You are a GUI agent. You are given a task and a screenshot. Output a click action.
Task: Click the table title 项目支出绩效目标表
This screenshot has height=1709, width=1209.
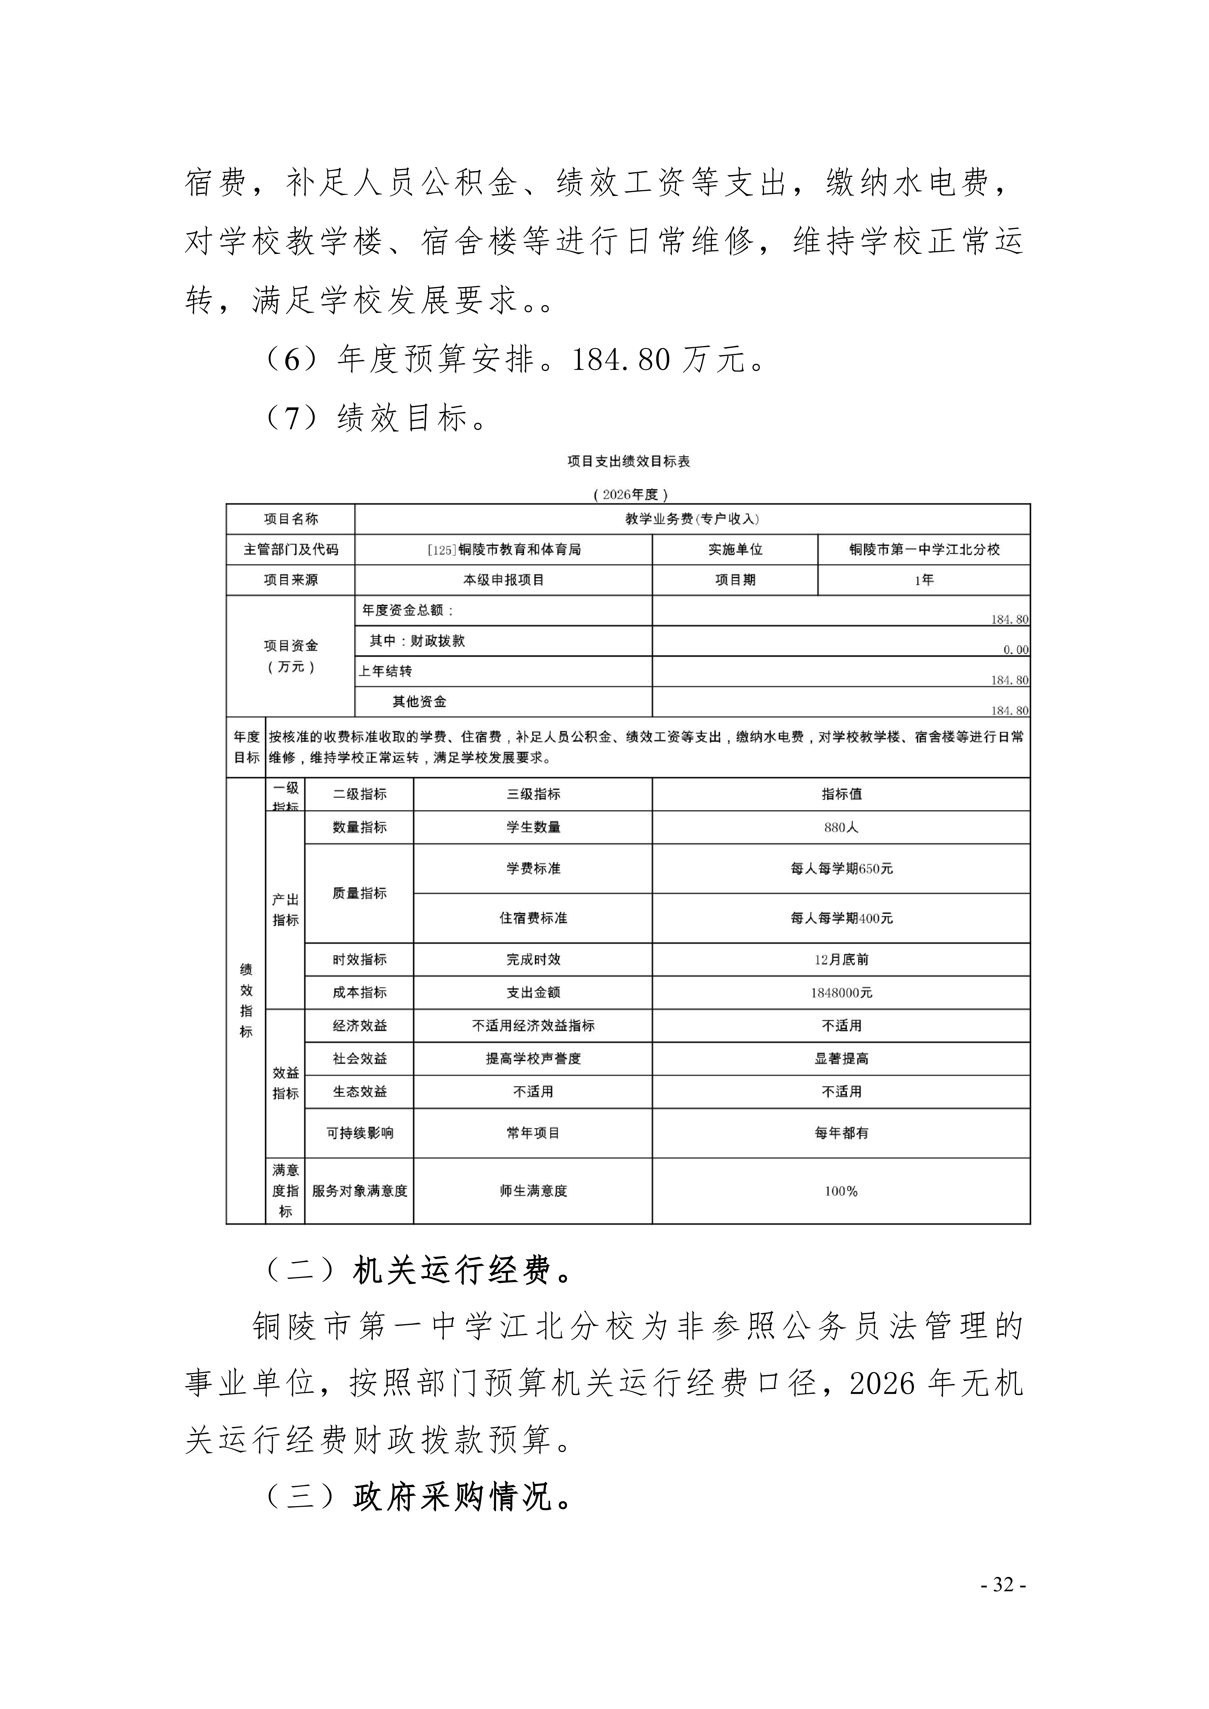click(x=628, y=462)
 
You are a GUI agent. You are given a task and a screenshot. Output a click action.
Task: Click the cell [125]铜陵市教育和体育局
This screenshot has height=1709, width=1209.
click(x=504, y=549)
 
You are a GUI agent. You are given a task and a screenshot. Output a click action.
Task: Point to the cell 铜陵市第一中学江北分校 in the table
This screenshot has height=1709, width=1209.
click(x=924, y=549)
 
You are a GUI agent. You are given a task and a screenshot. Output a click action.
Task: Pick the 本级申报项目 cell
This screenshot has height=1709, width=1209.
click(x=504, y=580)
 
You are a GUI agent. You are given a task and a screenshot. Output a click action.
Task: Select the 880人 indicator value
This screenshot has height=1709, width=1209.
click(x=841, y=827)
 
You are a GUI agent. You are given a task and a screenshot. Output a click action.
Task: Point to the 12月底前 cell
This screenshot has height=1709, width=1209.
click(x=841, y=959)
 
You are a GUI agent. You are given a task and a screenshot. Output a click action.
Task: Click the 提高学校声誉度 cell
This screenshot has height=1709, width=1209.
click(x=533, y=1059)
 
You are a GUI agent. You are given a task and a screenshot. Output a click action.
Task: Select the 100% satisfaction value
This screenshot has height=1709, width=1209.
click(x=841, y=1191)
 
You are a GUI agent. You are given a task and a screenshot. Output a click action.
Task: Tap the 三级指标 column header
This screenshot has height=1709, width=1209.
click(x=533, y=794)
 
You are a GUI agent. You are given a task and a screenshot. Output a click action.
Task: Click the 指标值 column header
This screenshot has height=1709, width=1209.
click(x=841, y=794)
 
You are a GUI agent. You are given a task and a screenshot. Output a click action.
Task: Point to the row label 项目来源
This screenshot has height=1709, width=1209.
click(x=290, y=580)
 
